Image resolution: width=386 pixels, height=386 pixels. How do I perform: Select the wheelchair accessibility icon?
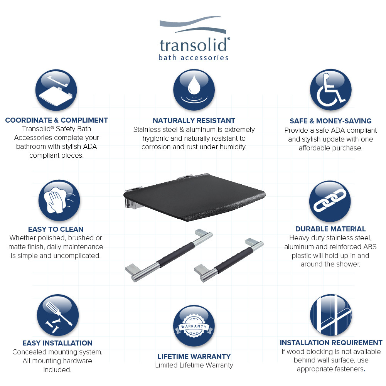(330, 90)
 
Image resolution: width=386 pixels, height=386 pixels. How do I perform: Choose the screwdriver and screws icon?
(58, 315)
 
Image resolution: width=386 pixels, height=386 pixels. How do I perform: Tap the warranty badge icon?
(194, 326)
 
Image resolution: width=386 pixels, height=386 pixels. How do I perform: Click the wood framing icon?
(330, 315)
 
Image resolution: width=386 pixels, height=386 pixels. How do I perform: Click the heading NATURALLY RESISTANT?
(194, 121)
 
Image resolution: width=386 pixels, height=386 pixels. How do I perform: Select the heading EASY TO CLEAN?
(56, 229)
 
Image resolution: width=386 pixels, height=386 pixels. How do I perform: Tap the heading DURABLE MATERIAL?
(330, 229)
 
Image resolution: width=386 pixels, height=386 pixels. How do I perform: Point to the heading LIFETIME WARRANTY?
(194, 356)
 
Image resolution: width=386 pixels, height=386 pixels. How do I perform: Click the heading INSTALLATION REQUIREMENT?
(331, 342)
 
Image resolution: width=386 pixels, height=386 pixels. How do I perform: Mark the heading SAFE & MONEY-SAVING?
(330, 121)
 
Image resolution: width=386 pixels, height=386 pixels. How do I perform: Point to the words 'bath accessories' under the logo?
(193, 58)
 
